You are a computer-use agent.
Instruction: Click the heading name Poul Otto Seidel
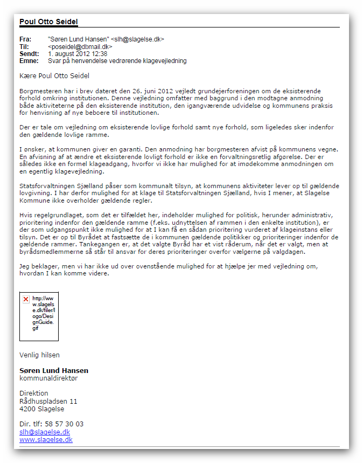48,22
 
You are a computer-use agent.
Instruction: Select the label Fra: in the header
25,39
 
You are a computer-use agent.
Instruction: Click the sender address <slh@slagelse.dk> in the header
137,39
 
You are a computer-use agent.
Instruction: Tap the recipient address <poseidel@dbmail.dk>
80,47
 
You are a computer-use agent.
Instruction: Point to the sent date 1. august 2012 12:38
78,54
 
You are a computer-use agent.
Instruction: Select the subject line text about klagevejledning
117,61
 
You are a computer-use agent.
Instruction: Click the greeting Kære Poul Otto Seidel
54,76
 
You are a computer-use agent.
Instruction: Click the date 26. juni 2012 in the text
144,92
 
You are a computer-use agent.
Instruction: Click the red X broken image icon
26,299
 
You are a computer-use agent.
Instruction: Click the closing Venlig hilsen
39,355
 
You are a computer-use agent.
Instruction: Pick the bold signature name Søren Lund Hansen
54,370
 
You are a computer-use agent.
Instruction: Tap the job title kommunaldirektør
48,378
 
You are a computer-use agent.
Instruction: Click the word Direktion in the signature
34,393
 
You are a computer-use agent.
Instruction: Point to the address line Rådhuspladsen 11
48,401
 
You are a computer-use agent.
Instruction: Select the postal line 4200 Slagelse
41,409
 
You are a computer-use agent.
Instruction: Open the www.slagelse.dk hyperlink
46,440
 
